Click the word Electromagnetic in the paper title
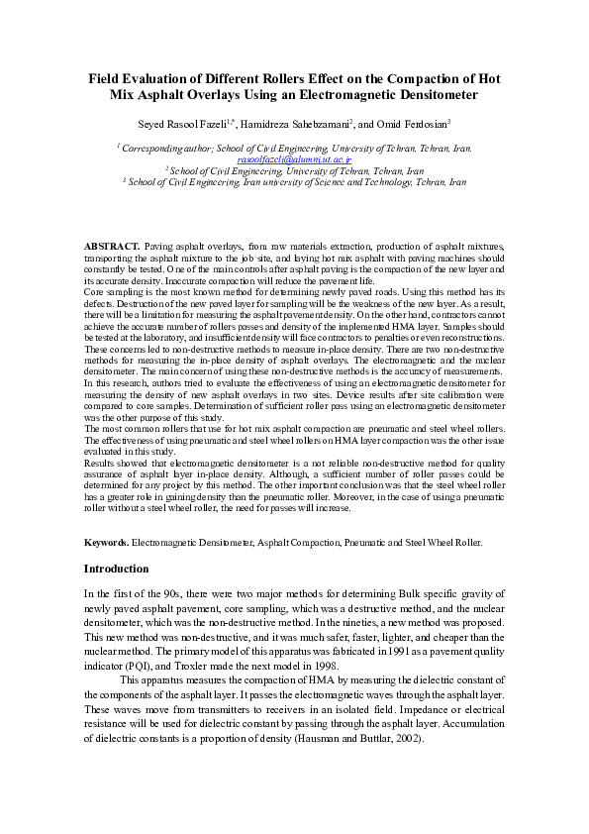tap(369, 95)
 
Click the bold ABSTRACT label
tap(111, 244)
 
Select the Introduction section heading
tap(116, 570)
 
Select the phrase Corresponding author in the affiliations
tap(162, 149)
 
